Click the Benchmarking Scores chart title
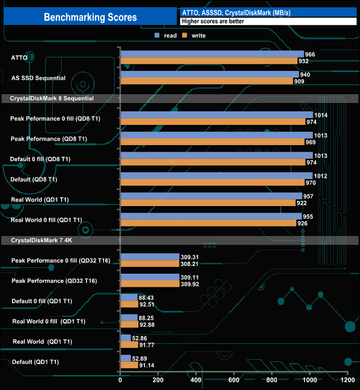90,17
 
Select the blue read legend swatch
157,35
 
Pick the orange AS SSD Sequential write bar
207,81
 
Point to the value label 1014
321,115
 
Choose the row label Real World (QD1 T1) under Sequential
47,199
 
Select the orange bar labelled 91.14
129,365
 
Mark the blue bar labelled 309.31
150,256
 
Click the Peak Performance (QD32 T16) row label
53,281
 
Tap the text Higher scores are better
213,22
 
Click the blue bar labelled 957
211,196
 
